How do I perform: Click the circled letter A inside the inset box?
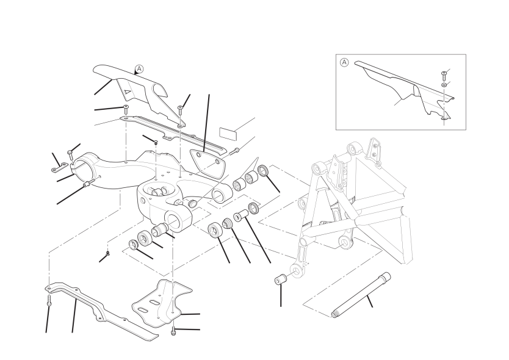[x=344, y=62]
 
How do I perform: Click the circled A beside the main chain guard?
[x=139, y=69]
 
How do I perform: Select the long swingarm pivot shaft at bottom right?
[x=361, y=295]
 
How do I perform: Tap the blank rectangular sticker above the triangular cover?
[x=228, y=134]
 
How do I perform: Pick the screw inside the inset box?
[x=444, y=76]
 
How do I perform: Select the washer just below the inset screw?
[x=444, y=85]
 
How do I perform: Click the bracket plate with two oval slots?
[x=162, y=303]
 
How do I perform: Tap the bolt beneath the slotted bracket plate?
[x=173, y=331]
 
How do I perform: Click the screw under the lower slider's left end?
[x=49, y=300]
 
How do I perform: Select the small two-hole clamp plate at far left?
[x=59, y=168]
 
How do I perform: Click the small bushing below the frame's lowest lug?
[x=281, y=279]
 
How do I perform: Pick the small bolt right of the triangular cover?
[x=235, y=151]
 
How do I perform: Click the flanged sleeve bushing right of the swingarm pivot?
[x=240, y=215]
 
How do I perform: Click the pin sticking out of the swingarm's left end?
[x=89, y=183]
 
